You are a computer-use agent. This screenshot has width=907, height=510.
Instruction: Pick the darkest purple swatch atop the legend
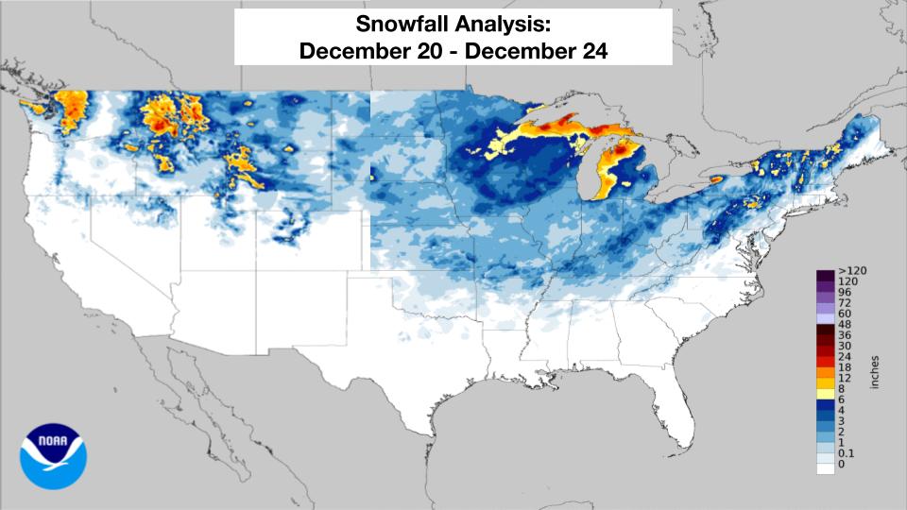[825, 273]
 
